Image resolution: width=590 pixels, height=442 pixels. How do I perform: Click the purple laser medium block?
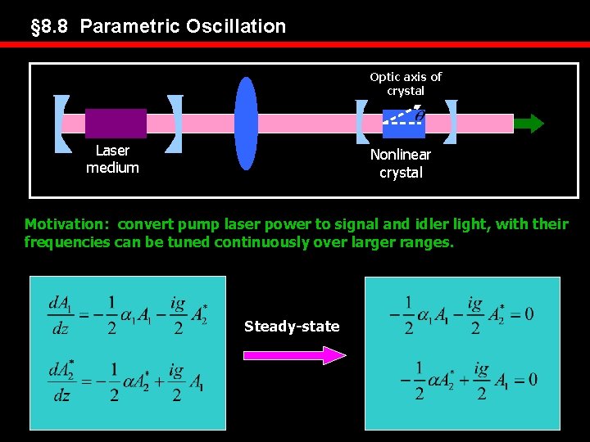[116, 123]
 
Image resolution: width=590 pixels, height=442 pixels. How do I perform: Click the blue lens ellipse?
[246, 123]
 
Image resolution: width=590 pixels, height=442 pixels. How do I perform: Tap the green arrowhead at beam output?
[532, 124]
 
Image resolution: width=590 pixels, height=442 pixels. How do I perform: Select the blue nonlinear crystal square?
[403, 123]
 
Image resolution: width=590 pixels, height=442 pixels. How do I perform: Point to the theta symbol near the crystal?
[420, 116]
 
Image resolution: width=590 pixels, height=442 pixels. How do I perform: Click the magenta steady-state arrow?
[295, 354]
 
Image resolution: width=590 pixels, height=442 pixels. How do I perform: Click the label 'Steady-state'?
[292, 327]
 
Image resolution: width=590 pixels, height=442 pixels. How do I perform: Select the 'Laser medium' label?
[112, 159]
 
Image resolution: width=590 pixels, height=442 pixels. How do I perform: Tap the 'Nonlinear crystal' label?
[401, 163]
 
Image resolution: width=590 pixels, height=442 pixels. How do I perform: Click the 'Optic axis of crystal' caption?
[406, 83]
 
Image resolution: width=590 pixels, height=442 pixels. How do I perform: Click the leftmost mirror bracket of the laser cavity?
[60, 123]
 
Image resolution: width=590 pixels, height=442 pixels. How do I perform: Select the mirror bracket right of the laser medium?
[174, 123]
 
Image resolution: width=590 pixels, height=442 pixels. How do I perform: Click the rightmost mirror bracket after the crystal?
[450, 123]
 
